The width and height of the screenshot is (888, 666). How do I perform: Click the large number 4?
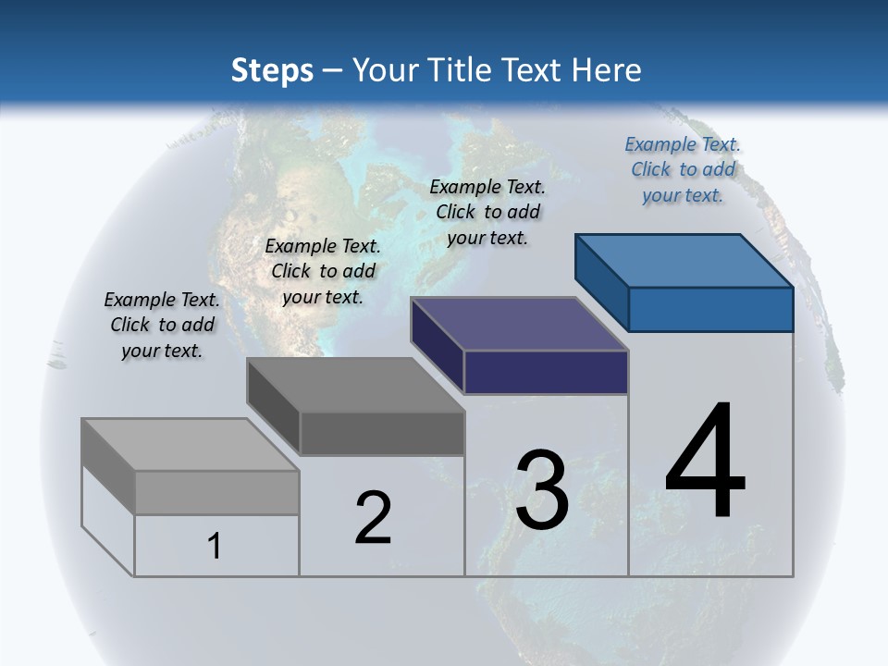click(x=705, y=462)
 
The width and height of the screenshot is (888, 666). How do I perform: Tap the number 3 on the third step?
click(x=542, y=490)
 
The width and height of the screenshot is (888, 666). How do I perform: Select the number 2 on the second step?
click(x=373, y=518)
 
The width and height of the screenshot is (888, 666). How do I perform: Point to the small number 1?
click(x=215, y=546)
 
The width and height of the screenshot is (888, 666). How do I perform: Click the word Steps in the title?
click(x=272, y=70)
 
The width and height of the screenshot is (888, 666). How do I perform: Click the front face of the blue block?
click(x=710, y=309)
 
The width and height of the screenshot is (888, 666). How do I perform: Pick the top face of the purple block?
click(x=520, y=324)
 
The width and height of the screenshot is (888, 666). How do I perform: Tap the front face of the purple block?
click(x=546, y=373)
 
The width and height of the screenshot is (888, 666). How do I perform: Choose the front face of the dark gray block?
click(x=381, y=433)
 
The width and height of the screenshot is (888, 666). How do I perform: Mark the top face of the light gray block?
click(x=191, y=444)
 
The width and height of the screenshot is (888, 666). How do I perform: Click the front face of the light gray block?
click(x=216, y=492)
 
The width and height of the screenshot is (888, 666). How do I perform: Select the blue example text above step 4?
click(x=683, y=169)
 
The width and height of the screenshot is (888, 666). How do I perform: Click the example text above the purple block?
click(x=487, y=212)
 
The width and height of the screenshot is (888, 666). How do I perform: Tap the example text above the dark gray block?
click(x=323, y=271)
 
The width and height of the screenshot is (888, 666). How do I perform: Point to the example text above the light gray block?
click(x=162, y=325)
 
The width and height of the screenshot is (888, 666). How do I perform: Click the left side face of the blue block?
click(x=602, y=282)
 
